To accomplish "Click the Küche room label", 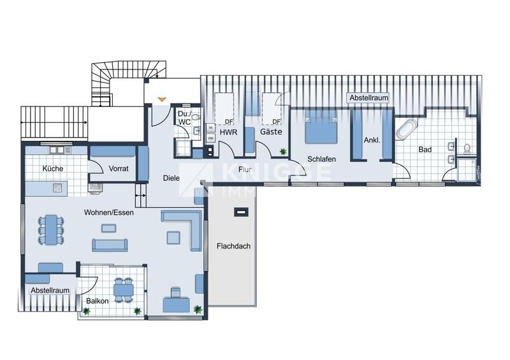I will point(52,169).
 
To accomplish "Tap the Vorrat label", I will point(119,169).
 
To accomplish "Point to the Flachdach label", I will point(232,245).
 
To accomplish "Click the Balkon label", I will point(98,301).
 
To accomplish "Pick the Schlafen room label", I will point(321,159).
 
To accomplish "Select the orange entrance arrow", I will point(162,99).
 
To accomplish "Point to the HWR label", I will point(228,133).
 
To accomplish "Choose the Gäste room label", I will point(271,133).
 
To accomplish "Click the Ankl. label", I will point(372,140).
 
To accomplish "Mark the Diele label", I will point(171,178).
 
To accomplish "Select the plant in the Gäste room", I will point(282,152).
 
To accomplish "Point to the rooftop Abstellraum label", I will point(368,98).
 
